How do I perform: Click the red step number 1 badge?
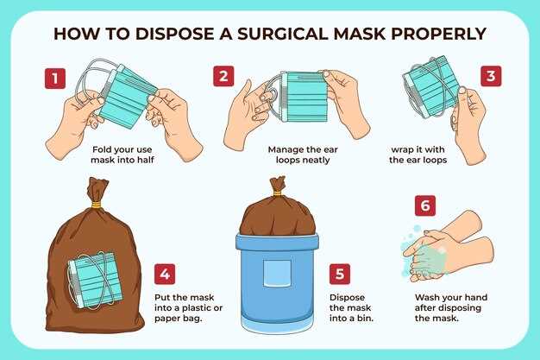55,79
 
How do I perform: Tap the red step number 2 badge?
223,76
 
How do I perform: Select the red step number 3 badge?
491,76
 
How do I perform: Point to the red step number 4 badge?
165,275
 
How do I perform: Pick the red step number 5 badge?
340,275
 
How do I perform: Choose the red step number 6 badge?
425,205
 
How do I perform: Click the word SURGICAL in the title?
283,34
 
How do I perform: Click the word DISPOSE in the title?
174,34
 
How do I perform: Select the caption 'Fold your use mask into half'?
122,155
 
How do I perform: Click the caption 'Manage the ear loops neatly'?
303,155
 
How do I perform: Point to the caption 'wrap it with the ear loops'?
418,155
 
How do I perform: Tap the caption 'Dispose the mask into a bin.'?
351,307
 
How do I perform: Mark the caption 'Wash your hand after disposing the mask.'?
451,307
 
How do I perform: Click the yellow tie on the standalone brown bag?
96,205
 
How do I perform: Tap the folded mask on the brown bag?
96,280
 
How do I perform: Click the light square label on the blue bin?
277,273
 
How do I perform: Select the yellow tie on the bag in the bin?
277,193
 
